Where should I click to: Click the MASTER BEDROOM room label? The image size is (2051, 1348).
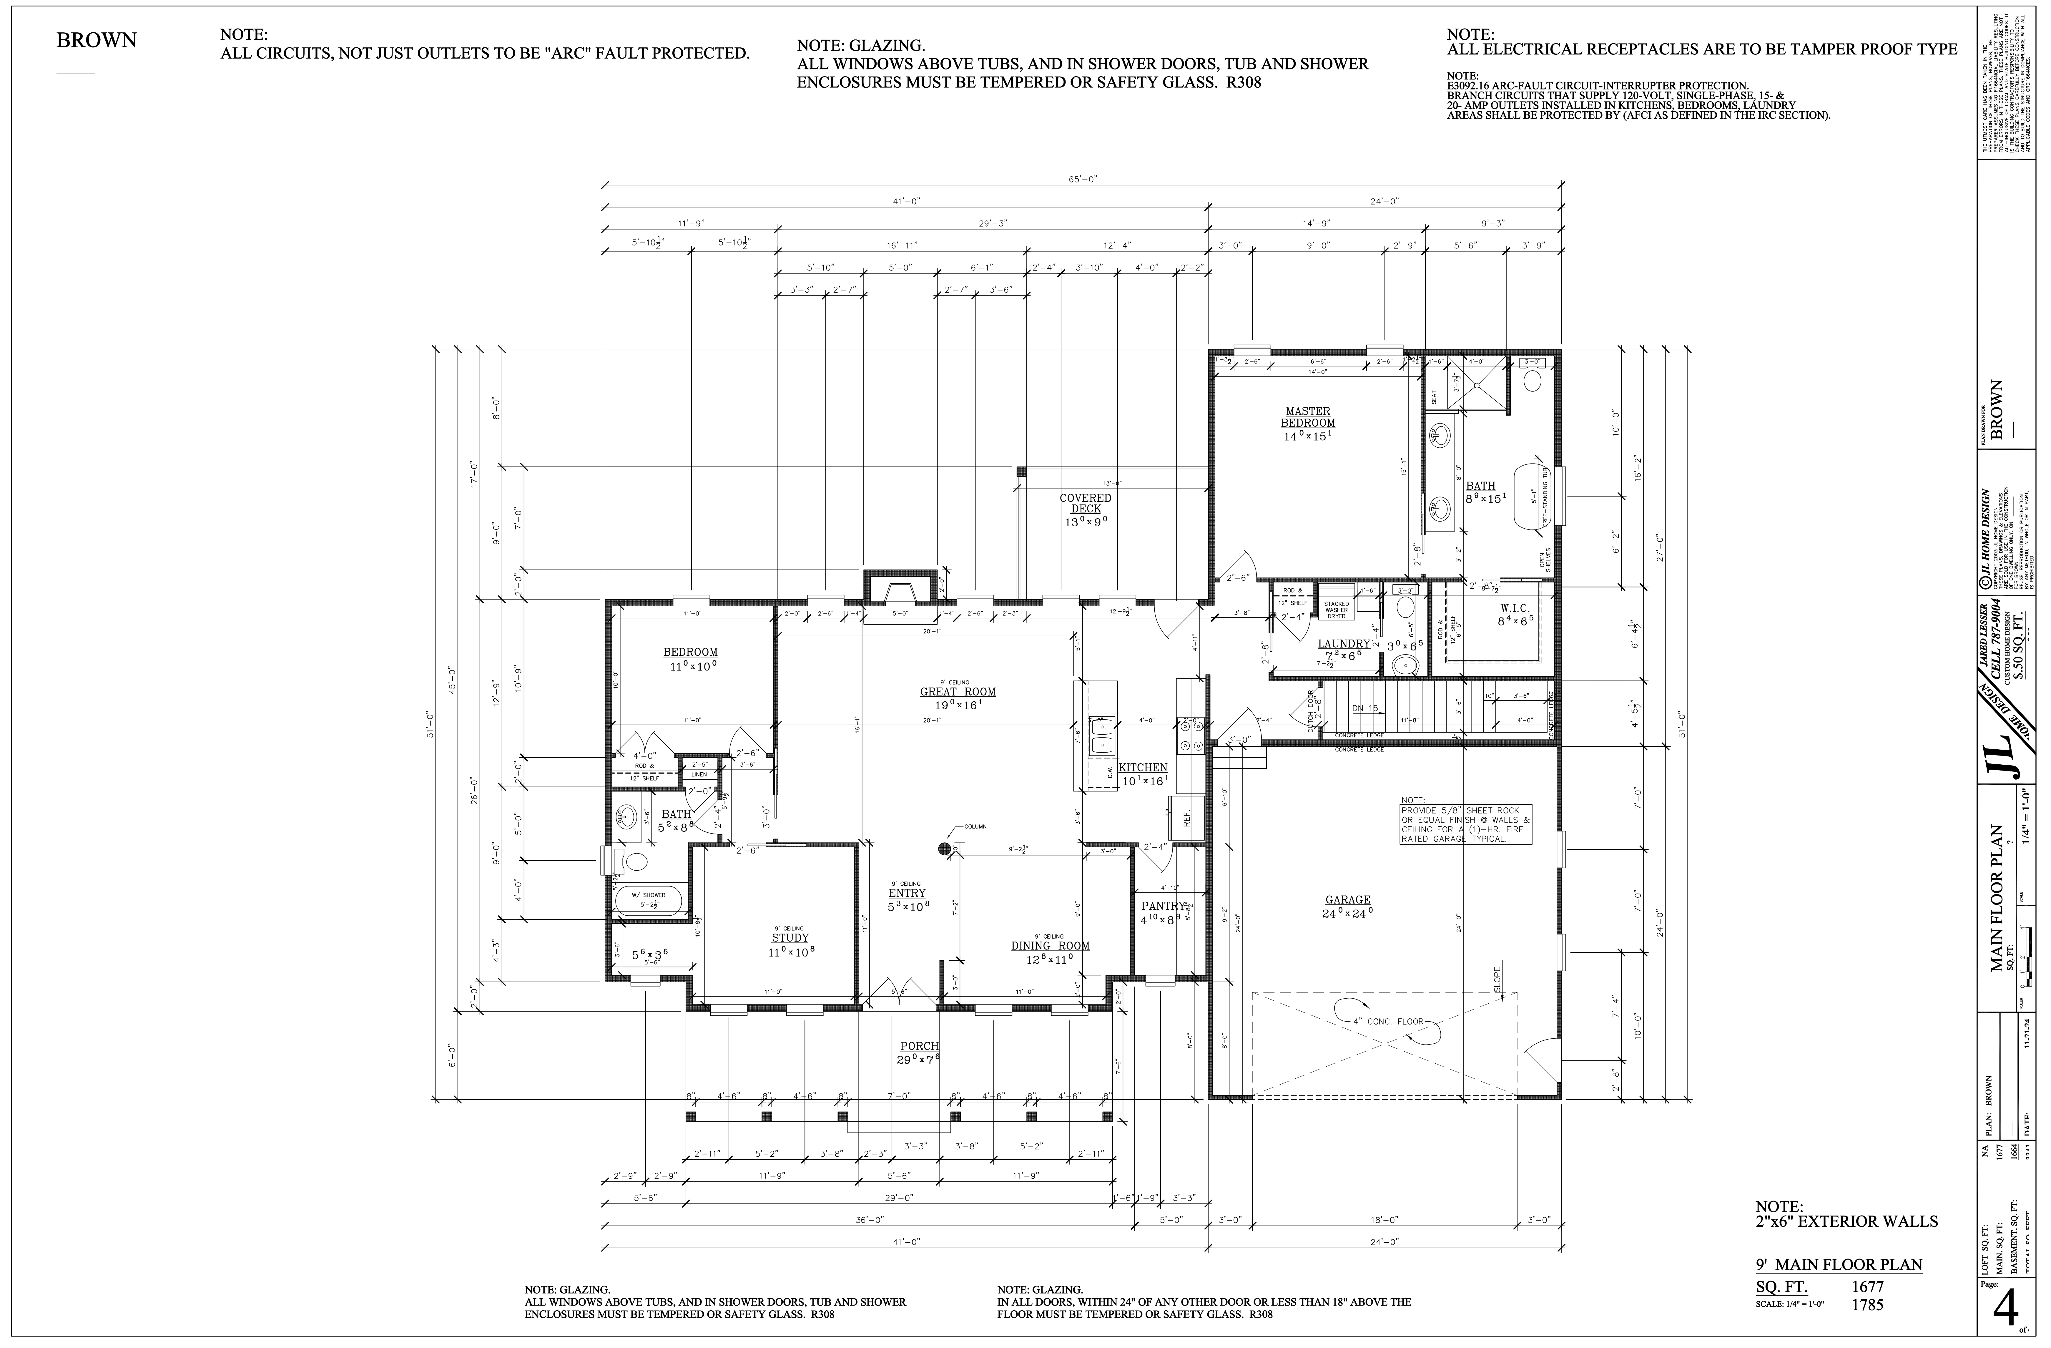(x=1307, y=417)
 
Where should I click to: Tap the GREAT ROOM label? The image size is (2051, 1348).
(x=958, y=691)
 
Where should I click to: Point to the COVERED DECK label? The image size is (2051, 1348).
(x=1085, y=503)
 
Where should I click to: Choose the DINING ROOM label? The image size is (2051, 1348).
(x=1050, y=945)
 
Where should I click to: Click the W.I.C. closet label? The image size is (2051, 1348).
(x=1514, y=608)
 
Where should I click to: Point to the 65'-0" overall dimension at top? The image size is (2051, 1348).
(x=1083, y=179)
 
